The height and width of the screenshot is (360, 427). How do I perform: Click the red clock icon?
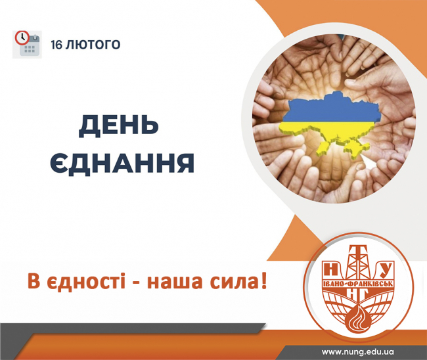click(22, 37)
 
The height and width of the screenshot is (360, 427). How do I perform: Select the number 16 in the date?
click(56, 45)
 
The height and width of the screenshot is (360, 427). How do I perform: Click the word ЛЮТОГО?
click(93, 45)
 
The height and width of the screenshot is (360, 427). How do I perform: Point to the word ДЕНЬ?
click(119, 126)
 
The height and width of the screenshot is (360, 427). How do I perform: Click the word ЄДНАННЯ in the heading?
click(122, 162)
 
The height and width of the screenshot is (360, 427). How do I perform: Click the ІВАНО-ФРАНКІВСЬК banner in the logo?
click(357, 284)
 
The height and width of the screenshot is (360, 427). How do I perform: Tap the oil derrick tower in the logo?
click(357, 261)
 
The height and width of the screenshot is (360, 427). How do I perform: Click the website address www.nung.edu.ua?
click(357, 352)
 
